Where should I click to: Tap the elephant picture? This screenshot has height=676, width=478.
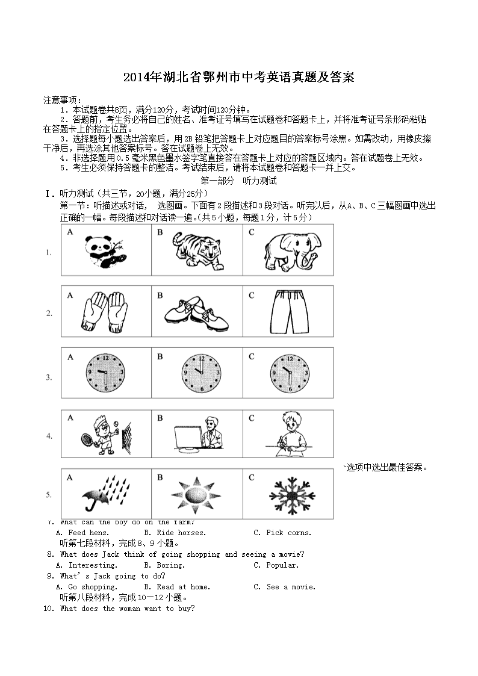[288, 251]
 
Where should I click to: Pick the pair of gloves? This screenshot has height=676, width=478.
[104, 311]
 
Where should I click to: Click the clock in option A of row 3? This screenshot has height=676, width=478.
[106, 373]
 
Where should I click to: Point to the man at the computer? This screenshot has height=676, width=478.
[197, 433]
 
